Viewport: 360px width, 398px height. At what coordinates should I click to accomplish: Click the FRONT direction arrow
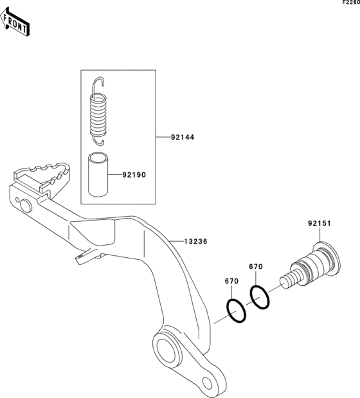15,22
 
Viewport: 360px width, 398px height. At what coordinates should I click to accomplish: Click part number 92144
183,138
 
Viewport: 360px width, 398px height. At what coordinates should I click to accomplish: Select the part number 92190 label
134,175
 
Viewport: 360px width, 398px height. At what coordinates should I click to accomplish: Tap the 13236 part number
195,241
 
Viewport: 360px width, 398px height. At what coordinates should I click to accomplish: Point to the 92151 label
319,223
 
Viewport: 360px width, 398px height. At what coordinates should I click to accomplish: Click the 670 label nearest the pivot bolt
256,267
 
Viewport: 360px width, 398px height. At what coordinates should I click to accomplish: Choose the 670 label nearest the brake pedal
231,281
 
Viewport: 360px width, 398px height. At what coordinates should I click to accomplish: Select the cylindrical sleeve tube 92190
98,174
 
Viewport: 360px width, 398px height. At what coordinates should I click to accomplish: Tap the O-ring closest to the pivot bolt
260,297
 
